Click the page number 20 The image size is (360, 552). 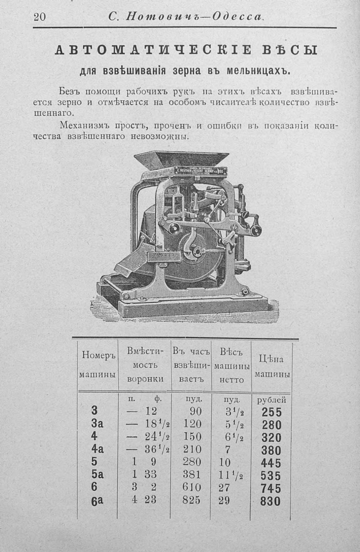(40, 17)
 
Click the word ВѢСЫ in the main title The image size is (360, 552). (289, 50)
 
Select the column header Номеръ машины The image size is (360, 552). (97, 365)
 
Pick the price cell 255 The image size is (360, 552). (271, 412)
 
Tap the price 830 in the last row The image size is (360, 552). (271, 501)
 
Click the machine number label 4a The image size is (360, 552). (98, 449)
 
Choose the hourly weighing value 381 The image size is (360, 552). (191, 474)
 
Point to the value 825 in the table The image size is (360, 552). (191, 500)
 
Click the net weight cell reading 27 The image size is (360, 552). (224, 487)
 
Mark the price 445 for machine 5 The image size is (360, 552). (271, 462)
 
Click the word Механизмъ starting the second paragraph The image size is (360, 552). (84, 126)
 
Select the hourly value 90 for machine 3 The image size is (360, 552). (195, 411)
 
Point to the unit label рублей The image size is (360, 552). (272, 400)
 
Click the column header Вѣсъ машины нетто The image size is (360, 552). (231, 365)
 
